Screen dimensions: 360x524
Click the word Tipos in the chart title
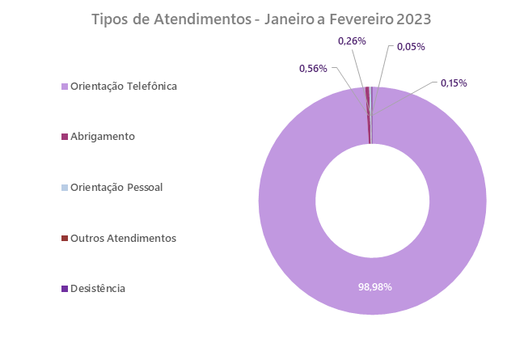(x=108, y=19)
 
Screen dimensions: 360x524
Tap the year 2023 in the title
(x=413, y=19)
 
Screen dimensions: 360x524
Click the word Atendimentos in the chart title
(x=197, y=19)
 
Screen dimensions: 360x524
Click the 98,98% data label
(x=374, y=286)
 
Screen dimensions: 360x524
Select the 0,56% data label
(x=313, y=69)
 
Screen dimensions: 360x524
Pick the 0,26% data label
(x=352, y=40)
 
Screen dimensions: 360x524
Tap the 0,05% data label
(x=411, y=47)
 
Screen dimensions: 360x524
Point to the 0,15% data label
(x=454, y=83)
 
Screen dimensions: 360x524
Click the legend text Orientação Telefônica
(x=124, y=86)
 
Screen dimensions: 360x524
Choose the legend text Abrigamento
(x=103, y=137)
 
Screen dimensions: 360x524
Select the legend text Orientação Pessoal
(x=116, y=188)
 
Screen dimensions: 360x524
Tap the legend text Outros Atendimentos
(x=123, y=239)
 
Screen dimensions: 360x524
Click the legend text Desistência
(x=98, y=289)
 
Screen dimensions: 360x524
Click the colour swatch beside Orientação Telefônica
(x=65, y=86)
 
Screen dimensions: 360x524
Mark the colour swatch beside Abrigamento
(x=65, y=137)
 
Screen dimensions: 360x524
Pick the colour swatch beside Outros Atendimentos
(x=65, y=239)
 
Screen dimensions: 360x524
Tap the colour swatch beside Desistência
(x=65, y=289)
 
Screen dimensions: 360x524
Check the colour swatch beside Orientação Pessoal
(x=65, y=188)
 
